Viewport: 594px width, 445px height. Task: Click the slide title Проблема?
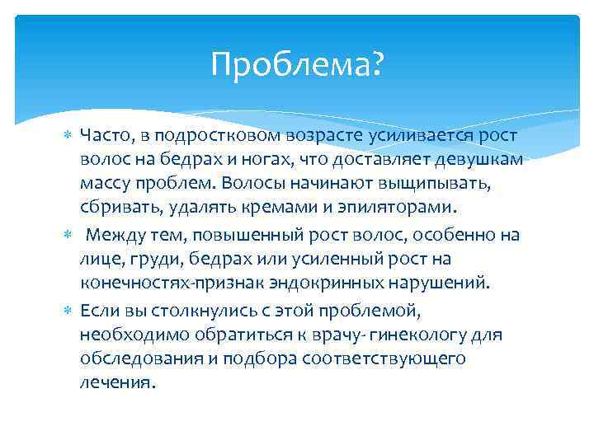[297, 64]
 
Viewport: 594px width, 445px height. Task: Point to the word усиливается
[397, 134]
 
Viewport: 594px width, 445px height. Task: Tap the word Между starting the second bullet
[117, 235]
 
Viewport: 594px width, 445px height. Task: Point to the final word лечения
[117, 384]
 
